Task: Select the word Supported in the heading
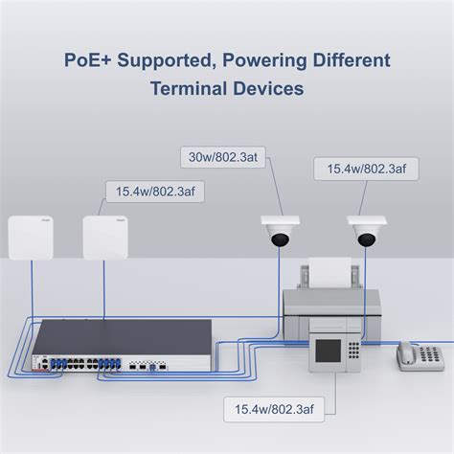click(x=165, y=60)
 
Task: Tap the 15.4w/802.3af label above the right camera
click(x=365, y=170)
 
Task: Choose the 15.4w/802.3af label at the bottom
click(x=274, y=411)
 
